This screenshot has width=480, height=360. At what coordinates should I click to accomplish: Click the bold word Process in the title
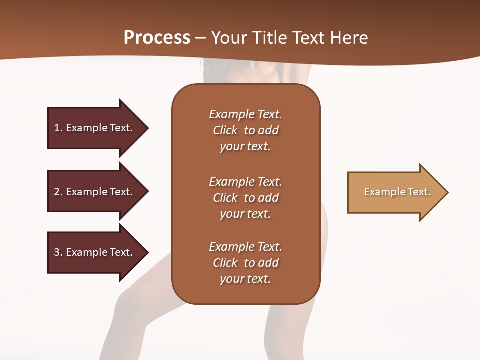pyautogui.click(x=157, y=38)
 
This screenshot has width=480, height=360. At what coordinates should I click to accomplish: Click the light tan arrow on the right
pyautogui.click(x=395, y=192)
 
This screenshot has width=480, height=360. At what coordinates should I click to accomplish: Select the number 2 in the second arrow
pyautogui.click(x=57, y=192)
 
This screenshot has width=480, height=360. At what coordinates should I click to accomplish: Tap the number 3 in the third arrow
pyautogui.click(x=57, y=252)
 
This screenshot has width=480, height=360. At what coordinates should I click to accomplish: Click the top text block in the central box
pyautogui.click(x=245, y=130)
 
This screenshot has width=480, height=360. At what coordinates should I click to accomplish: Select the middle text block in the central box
pyautogui.click(x=245, y=198)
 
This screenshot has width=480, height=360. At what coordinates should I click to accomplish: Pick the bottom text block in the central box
pyautogui.click(x=245, y=263)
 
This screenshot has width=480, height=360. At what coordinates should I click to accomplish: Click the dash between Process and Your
pyautogui.click(x=201, y=38)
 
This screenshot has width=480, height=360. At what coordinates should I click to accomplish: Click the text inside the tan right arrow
pyautogui.click(x=397, y=192)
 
